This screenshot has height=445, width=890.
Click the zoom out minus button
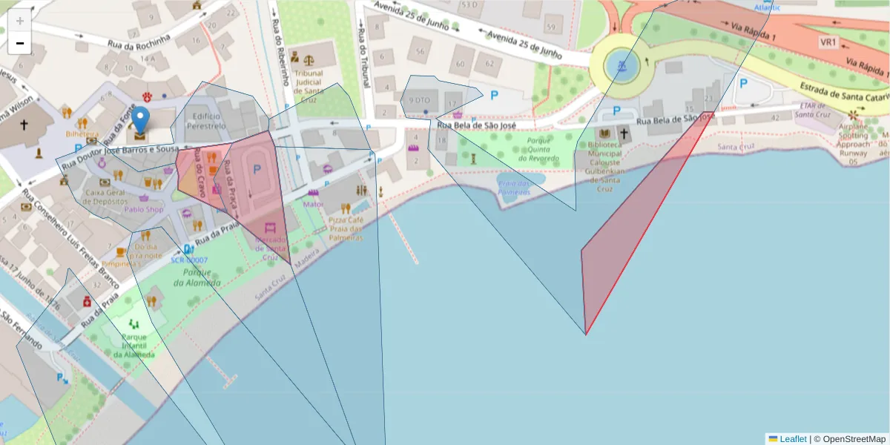pyautogui.click(x=20, y=44)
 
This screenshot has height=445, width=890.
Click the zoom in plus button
pyautogui.click(x=20, y=20)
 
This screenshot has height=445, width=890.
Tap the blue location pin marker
pyautogui.click(x=139, y=123)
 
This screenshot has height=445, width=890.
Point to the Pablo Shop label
pyautogui.click(x=144, y=209)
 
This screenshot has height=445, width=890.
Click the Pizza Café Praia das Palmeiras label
pyautogui.click(x=346, y=228)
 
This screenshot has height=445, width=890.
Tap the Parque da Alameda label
pyautogui.click(x=197, y=278)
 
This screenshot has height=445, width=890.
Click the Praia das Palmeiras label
pyautogui.click(x=514, y=188)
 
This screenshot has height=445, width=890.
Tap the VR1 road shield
pyautogui.click(x=828, y=42)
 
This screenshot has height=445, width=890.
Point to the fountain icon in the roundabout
pyautogui.click(x=622, y=67)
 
